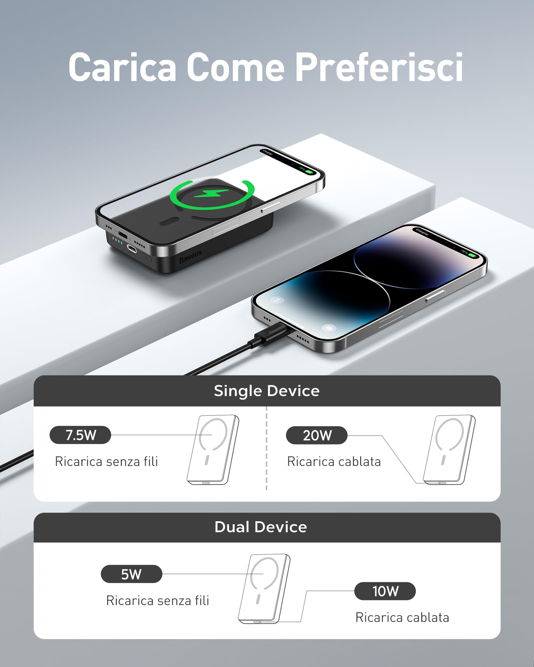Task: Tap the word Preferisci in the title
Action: click(x=379, y=67)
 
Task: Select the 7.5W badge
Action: click(x=80, y=435)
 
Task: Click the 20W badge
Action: click(x=317, y=435)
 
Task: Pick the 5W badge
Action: click(x=131, y=574)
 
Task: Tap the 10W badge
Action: click(x=385, y=591)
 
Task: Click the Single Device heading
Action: click(x=267, y=391)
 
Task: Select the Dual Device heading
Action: click(x=261, y=527)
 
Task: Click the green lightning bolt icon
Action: click(x=211, y=193)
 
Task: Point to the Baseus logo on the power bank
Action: click(x=190, y=256)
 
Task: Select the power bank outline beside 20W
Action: click(x=449, y=450)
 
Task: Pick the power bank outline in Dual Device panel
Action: click(x=264, y=589)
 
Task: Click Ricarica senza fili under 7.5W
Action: click(x=106, y=462)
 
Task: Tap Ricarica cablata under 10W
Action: click(x=402, y=618)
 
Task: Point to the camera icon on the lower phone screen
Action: click(x=329, y=328)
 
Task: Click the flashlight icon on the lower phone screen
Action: click(x=277, y=300)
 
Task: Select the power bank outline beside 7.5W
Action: click(x=213, y=450)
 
